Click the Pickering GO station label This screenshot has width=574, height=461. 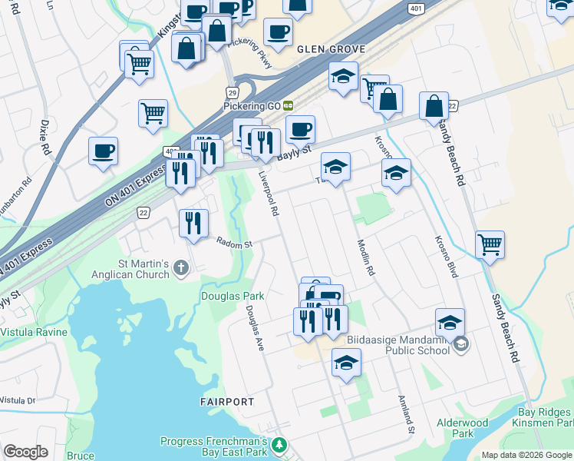point(252,104)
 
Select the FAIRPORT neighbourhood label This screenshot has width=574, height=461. point(226,402)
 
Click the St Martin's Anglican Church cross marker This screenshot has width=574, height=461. point(181,268)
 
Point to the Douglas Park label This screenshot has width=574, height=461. point(233,296)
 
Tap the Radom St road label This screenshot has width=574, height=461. point(234,243)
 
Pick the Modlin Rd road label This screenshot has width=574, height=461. point(365,257)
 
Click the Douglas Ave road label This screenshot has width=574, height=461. point(255,328)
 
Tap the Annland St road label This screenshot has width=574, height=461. point(405,413)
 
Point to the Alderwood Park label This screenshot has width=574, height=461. point(462,428)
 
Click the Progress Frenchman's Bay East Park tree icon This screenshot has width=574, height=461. point(280,445)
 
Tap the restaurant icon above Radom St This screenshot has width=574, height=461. point(193,224)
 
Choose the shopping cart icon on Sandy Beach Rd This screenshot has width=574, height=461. point(490,245)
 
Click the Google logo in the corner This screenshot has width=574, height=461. point(25,452)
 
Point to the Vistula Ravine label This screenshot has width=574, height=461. point(34,332)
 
